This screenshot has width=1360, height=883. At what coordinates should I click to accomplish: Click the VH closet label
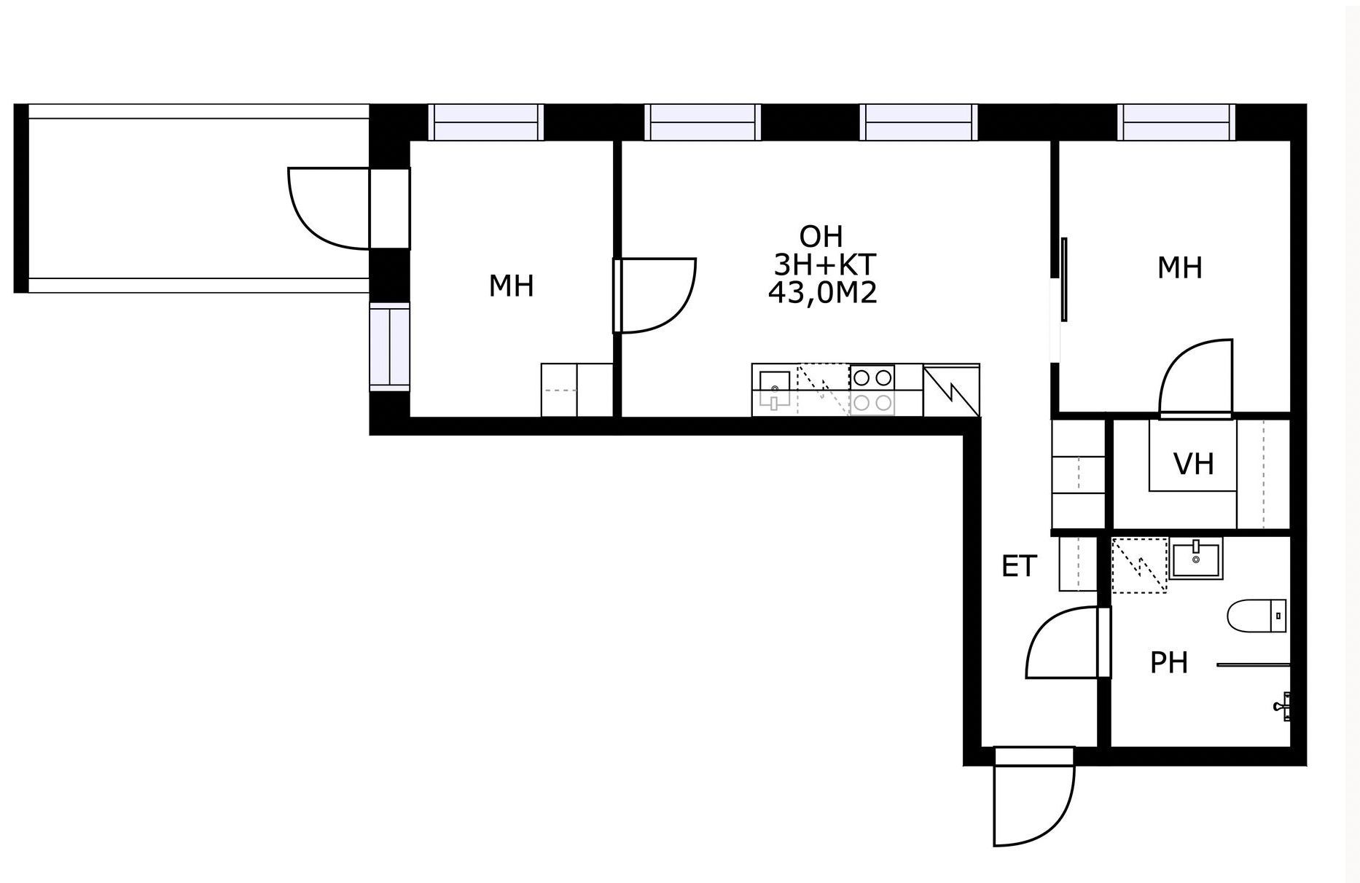1193,463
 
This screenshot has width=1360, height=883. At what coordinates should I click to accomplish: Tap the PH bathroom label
1169,663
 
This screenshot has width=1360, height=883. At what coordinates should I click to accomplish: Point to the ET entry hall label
1019,566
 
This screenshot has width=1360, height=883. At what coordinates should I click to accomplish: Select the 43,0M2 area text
822,293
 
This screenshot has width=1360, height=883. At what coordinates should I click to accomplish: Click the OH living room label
821,237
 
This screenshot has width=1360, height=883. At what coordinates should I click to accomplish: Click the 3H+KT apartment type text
824,264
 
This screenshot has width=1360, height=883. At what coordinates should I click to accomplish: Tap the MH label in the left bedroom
511,286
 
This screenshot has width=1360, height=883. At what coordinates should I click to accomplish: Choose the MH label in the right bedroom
1179,268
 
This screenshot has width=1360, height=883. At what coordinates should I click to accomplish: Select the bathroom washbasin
1196,559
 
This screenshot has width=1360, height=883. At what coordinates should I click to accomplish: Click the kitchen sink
774,390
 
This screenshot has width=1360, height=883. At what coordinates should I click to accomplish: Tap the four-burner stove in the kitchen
872,390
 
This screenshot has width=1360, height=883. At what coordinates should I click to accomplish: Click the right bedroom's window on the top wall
1177,122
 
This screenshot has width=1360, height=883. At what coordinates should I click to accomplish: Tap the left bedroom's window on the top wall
486,122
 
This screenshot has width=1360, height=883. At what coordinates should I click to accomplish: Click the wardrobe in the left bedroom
577,390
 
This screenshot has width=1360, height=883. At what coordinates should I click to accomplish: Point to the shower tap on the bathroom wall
1285,705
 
